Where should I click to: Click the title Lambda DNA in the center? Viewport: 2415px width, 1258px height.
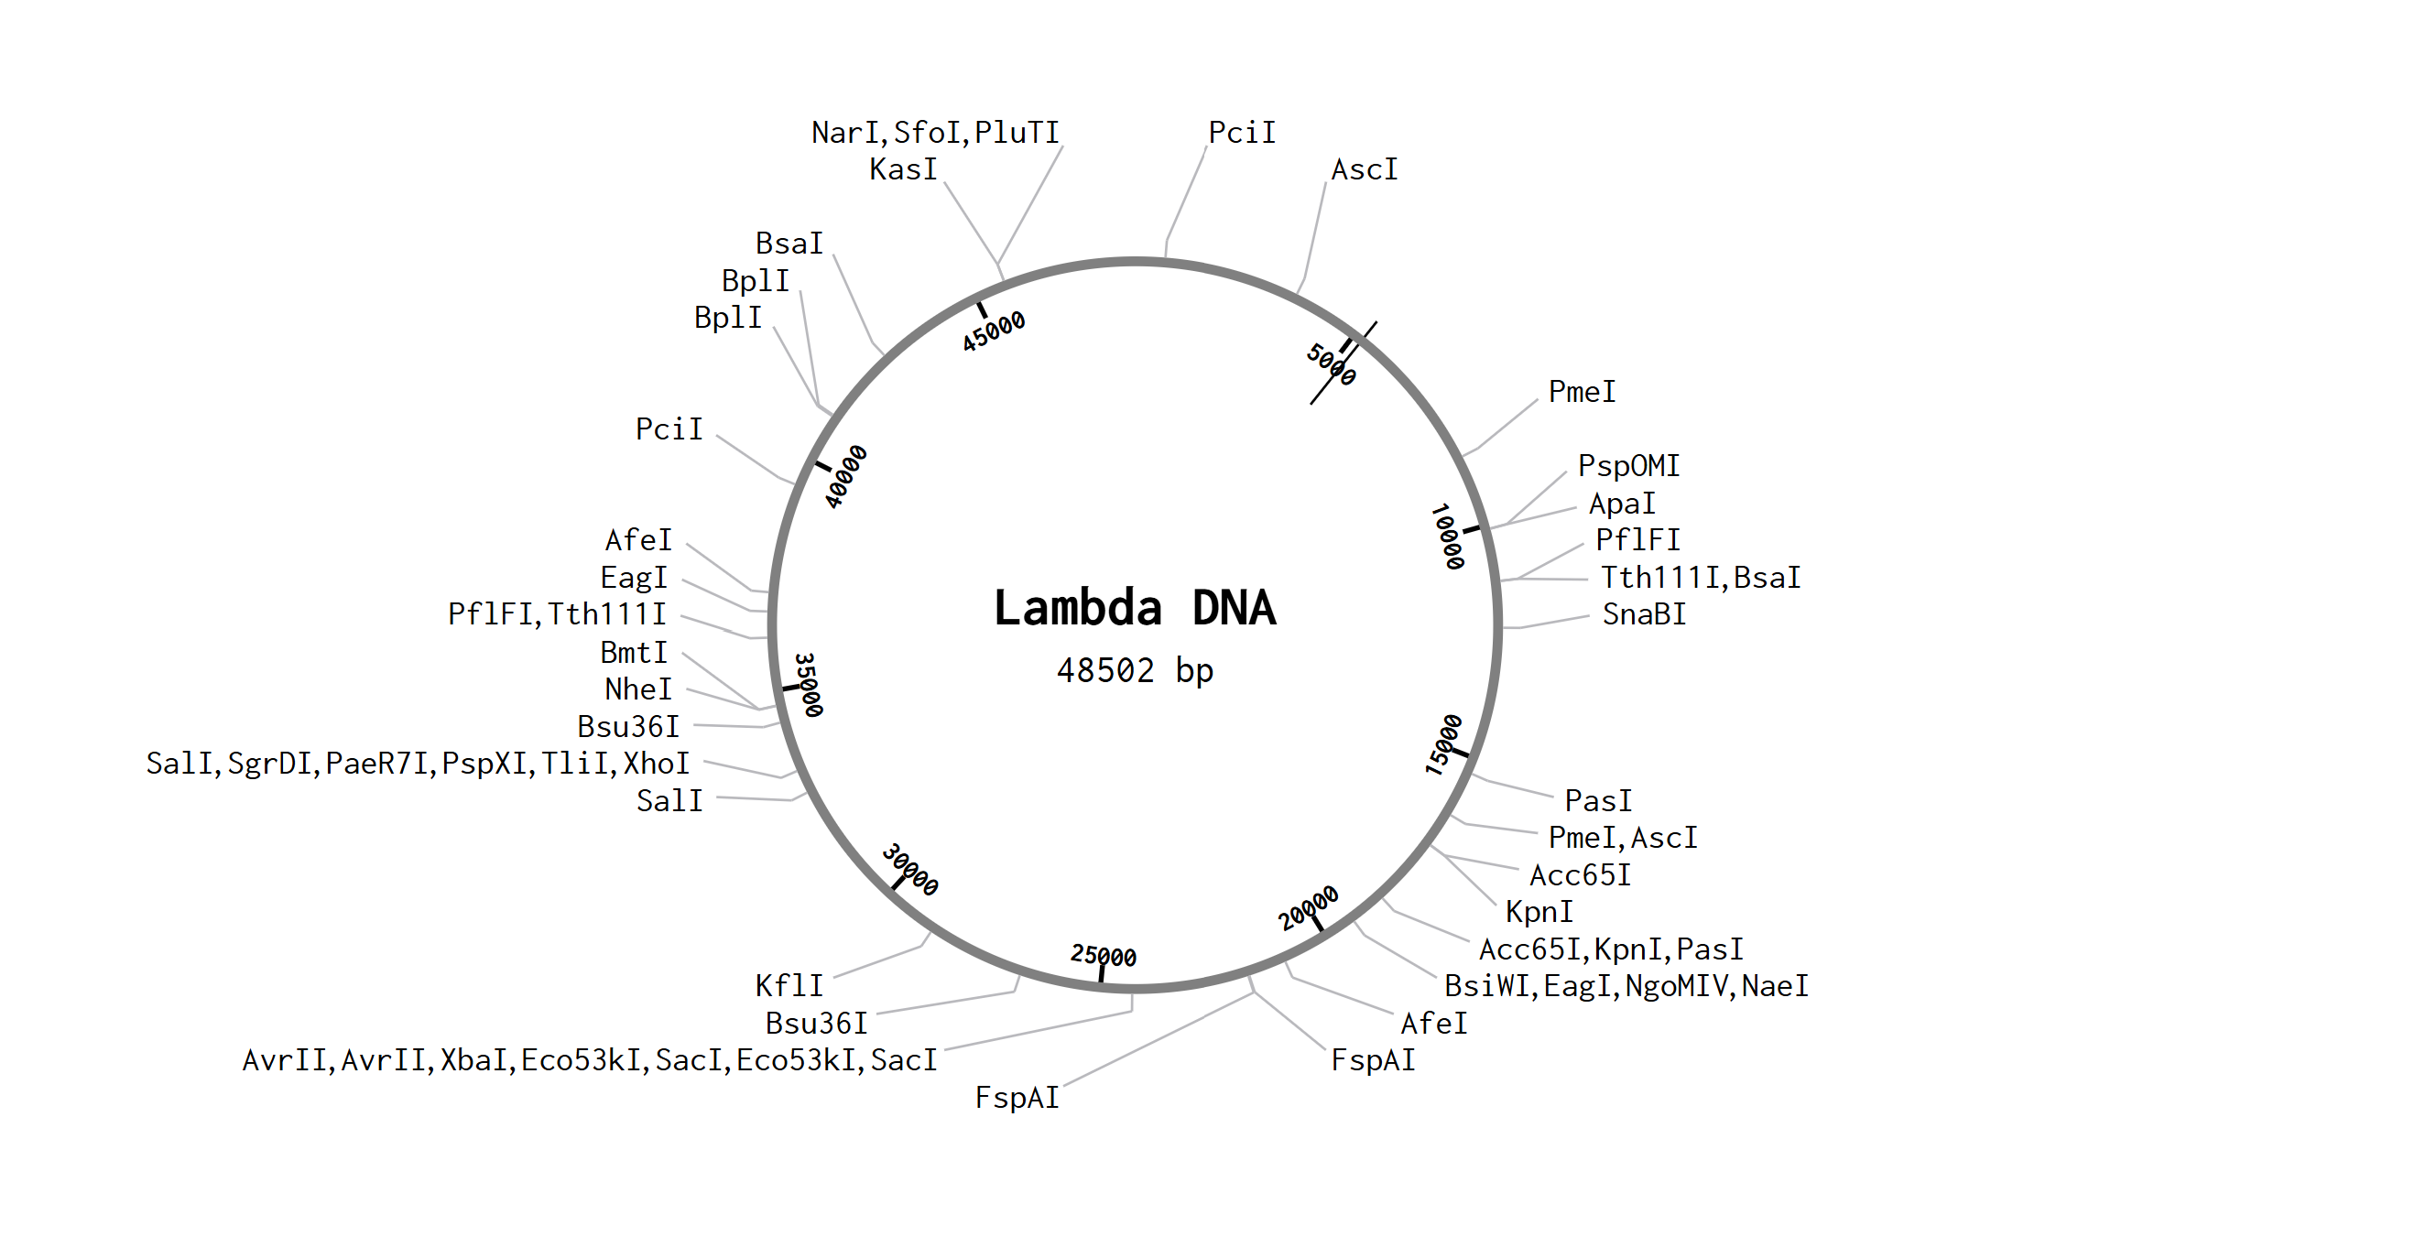(1135, 607)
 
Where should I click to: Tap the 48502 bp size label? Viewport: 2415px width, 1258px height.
(1135, 671)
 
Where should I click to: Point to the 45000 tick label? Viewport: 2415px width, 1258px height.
(994, 331)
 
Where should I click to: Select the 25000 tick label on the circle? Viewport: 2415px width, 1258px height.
(1104, 955)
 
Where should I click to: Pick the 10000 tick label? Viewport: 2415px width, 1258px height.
(1448, 537)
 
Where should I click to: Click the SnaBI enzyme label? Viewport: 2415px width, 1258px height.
(1644, 614)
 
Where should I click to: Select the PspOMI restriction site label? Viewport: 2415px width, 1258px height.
(1628, 466)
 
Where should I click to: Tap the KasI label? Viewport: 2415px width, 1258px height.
(903, 169)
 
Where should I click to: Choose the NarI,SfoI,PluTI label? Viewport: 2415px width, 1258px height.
(935, 133)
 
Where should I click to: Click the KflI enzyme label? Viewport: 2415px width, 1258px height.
(789, 985)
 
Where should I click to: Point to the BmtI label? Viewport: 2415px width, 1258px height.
(634, 653)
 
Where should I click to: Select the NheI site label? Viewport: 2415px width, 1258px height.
(637, 689)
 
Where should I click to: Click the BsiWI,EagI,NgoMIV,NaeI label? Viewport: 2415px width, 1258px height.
(1626, 986)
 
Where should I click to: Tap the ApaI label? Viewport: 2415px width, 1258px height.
(1622, 504)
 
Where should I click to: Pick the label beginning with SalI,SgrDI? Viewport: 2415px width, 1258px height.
(418, 763)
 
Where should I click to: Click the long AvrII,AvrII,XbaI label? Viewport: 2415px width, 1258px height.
(589, 1060)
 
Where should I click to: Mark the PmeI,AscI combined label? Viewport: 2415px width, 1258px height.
(1622, 837)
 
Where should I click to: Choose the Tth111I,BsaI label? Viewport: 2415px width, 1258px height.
(1700, 578)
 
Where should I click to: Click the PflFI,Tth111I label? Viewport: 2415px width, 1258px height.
(557, 614)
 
